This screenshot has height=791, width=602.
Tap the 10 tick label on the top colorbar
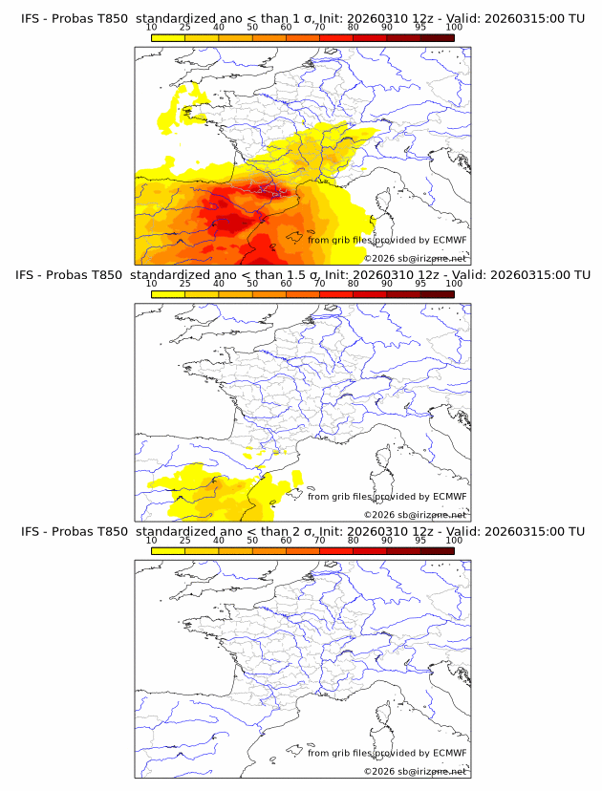pos(151,28)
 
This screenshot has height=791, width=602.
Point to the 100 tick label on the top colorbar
pos(454,28)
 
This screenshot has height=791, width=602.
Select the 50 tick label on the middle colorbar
pos(252,284)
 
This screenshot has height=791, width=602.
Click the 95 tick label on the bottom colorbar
pos(420,541)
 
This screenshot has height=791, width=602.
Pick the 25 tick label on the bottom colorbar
pos(184,541)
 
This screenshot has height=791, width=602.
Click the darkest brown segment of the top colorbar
pos(437,37)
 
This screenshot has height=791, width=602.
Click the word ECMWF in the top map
pos(449,240)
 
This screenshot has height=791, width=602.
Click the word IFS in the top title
pos(31,18)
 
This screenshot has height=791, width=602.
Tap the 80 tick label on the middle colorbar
pos(354,284)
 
